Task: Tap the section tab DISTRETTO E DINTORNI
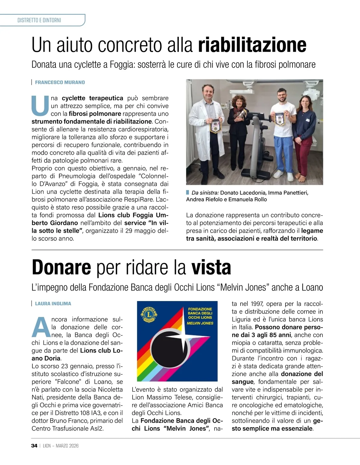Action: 39,20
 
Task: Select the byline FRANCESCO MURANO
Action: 60,82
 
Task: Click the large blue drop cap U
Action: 40,106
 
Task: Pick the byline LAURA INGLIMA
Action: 53,304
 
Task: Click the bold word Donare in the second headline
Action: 61,267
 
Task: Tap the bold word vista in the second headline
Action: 211,267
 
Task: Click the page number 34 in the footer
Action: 34,446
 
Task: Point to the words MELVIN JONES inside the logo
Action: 200,323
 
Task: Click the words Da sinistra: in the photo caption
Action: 205,193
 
